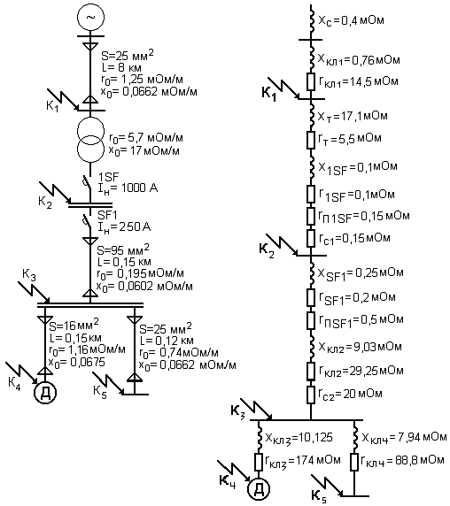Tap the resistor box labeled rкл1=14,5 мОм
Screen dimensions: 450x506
coord(310,81)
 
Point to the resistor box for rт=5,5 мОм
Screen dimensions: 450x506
coord(310,140)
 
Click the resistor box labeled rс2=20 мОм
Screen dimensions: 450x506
coord(310,395)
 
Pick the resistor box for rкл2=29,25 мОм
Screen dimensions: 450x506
coord(310,371)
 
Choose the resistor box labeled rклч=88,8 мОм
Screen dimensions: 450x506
coord(354,462)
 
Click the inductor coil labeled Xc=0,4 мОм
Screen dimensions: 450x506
coord(312,20)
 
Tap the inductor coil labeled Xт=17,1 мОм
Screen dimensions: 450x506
coord(312,116)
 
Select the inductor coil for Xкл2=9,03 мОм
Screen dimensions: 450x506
coord(312,347)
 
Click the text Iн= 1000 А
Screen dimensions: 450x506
coord(128,188)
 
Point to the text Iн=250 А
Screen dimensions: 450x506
coord(124,227)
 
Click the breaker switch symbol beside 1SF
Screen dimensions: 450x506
coord(86,181)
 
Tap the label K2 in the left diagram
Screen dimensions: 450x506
coord(45,203)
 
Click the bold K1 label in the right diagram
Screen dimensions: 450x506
coord(269,94)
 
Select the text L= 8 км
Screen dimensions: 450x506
coord(120,67)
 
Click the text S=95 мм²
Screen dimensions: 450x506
coord(123,249)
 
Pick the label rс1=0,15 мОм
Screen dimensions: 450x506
coord(354,239)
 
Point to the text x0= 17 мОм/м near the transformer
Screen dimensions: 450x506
coord(144,151)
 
